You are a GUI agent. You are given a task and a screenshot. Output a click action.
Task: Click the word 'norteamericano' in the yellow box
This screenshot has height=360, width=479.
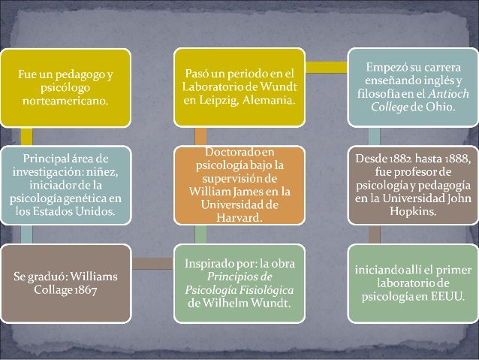(x=65, y=101)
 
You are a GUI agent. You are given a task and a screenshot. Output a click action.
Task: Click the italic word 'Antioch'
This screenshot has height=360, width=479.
(x=448, y=93)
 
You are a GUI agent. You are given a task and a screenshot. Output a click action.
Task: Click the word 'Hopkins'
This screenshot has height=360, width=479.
(x=413, y=211)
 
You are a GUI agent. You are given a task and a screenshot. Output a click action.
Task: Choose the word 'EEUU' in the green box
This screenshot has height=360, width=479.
(x=447, y=296)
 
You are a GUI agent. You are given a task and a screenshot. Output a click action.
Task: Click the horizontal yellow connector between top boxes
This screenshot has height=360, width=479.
(x=327, y=68)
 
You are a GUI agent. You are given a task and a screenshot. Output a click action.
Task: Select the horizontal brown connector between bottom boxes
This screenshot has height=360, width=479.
(x=152, y=264)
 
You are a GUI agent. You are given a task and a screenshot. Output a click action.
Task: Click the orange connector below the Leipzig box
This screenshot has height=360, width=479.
(x=200, y=137)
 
